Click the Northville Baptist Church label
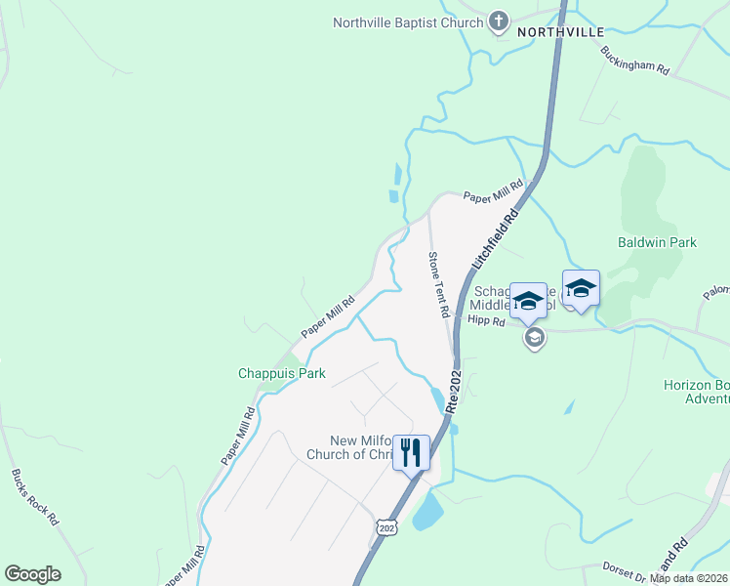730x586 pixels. pos(408,22)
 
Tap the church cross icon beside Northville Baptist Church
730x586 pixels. pos(498,21)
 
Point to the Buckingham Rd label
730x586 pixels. pos(634,61)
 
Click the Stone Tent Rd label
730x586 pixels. pos(437,284)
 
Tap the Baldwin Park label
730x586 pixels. pos(657,242)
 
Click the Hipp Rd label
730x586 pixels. pos(485,319)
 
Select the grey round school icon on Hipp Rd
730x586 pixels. pos(534,338)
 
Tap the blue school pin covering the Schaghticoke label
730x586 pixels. pos(528,301)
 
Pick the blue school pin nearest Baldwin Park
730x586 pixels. pos(581,288)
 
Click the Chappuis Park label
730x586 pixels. pos(282,373)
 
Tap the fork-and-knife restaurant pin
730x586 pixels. pos(411,452)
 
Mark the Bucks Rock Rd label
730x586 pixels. pos(35,497)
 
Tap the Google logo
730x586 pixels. pos(32,574)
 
